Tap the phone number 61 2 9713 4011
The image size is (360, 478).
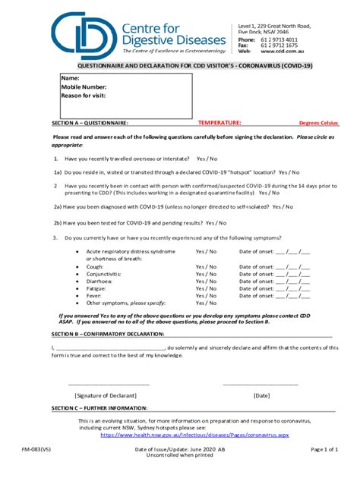pos(280,39)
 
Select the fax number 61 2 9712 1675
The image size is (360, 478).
pos(280,46)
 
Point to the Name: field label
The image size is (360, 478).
pos(70,79)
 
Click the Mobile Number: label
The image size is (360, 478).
pos(83,87)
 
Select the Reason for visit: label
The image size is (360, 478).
pos(84,96)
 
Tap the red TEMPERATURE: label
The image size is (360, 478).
pos(219,122)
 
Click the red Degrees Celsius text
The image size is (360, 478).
pos(319,123)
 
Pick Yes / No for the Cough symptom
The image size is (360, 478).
pos(206,267)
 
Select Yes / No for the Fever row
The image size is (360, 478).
pos(206,296)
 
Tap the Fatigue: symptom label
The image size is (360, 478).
pos(97,289)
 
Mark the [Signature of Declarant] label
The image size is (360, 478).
pos(106,395)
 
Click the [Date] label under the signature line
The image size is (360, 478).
pos(261,395)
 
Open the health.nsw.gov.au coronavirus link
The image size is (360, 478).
pos(194,436)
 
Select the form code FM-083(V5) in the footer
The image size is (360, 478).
pos(37,450)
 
